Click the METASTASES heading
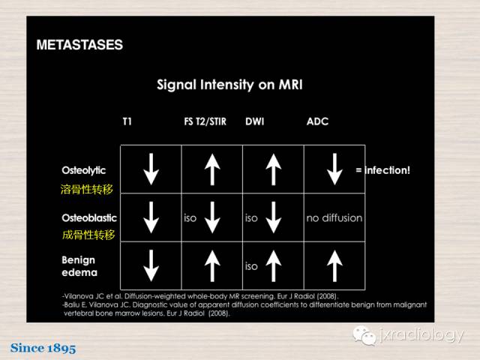pyautogui.click(x=79, y=45)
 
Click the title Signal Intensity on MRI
pyautogui.click(x=229, y=85)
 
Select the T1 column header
pyautogui.click(x=127, y=121)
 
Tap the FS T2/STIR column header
pyautogui.click(x=205, y=121)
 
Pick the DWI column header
pyautogui.click(x=255, y=121)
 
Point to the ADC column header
pyautogui.click(x=317, y=121)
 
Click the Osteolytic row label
pyautogui.click(x=83, y=170)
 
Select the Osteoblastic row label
pyautogui.click(x=89, y=218)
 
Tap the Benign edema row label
pyautogui.click(x=79, y=266)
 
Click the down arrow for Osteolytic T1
pyautogui.click(x=151, y=169)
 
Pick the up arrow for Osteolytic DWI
pyautogui.click(x=274, y=169)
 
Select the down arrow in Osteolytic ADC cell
pyautogui.click(x=335, y=169)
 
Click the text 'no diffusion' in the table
pyautogui.click(x=334, y=218)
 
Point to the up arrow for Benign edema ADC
pyautogui.click(x=335, y=266)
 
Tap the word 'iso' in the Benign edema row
pyautogui.click(x=251, y=266)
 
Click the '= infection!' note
pyautogui.click(x=383, y=170)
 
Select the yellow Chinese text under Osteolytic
pyautogui.click(x=87, y=189)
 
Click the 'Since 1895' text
pyautogui.click(x=43, y=348)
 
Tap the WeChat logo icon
pyautogui.click(x=364, y=335)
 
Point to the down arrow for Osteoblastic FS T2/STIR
pyautogui.click(x=212, y=217)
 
